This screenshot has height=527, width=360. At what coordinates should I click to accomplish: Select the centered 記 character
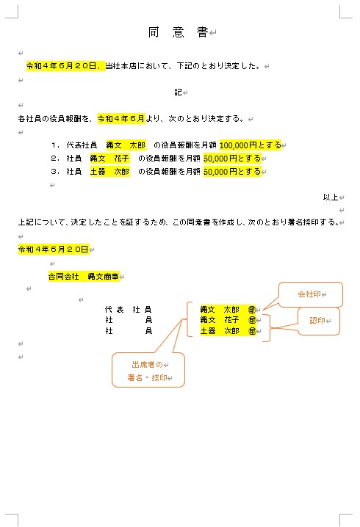tap(178, 92)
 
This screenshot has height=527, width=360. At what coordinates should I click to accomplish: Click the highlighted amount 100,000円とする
tap(250, 145)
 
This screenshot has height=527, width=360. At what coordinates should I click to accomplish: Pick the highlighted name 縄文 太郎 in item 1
tap(126, 145)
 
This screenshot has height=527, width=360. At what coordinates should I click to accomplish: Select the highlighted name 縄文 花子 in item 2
tap(109, 159)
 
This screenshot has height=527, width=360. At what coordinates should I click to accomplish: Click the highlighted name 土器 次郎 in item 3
tap(109, 172)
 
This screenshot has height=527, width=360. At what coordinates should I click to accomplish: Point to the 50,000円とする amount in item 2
tap(232, 159)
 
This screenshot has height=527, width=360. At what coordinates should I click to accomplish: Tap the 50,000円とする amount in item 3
tap(232, 172)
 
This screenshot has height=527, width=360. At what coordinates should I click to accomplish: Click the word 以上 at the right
tap(329, 197)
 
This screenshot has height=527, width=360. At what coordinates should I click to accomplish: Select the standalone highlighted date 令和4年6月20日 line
tap(53, 250)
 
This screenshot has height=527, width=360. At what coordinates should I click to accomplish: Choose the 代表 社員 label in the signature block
tap(129, 310)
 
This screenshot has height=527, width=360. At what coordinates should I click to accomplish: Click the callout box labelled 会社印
tap(310, 294)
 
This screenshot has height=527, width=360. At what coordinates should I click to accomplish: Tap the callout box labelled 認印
tap(318, 321)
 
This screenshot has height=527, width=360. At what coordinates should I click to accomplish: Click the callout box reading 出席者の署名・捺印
tap(148, 370)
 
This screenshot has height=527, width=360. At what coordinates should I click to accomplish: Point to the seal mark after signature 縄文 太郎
tap(252, 310)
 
